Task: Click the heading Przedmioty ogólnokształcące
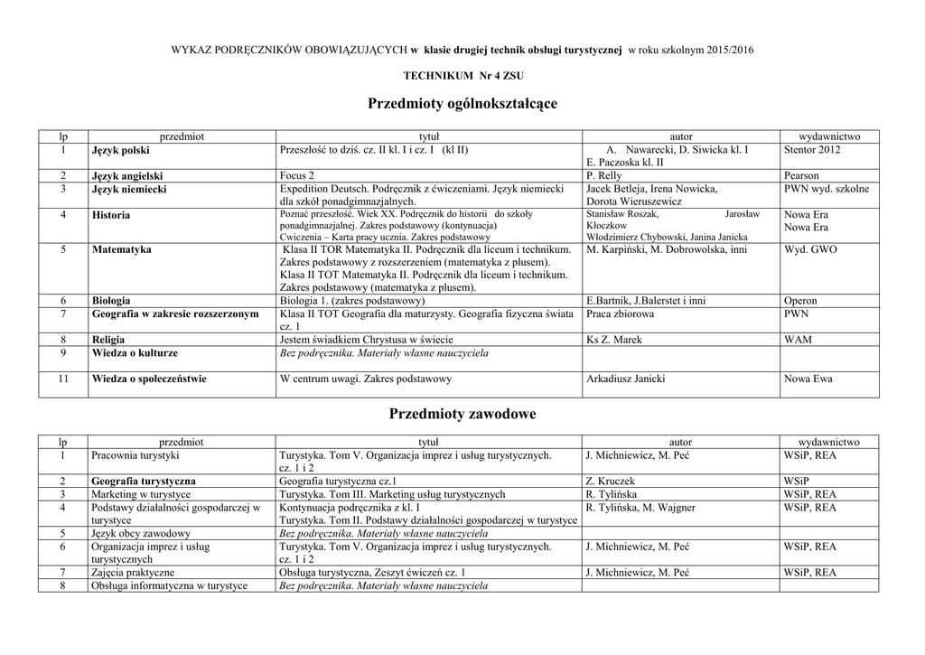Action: [462, 105]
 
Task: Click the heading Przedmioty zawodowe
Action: [462, 414]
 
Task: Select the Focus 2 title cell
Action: [298, 175]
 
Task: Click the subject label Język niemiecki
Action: [128, 190]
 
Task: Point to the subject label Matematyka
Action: [121, 249]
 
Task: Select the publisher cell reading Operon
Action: [800, 301]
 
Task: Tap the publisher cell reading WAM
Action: [798, 340]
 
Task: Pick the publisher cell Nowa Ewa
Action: [808, 379]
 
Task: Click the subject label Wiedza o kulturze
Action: [135, 353]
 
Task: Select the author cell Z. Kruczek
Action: [611, 482]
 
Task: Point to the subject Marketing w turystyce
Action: [141, 495]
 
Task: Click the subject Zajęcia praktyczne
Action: [133, 573]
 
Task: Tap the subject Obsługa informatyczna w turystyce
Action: [169, 586]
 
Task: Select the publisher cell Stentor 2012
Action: [812, 149]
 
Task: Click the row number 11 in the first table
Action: [63, 379]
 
